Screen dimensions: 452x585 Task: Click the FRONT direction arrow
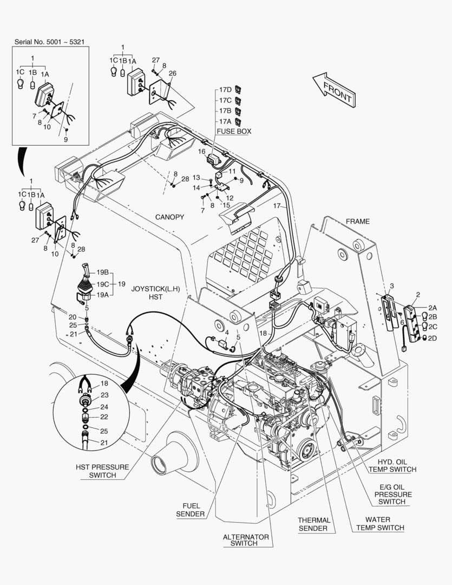point(334,90)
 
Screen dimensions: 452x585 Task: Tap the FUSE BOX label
point(234,131)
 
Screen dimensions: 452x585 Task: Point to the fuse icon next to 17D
point(238,89)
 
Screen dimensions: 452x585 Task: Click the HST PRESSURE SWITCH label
point(102,471)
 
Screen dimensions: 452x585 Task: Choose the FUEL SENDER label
point(190,510)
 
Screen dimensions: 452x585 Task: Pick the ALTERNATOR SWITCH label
point(246,540)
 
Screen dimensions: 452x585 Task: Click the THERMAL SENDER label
point(314,524)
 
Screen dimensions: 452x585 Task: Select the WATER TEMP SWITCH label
point(379,523)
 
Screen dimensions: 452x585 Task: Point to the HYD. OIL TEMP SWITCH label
point(392,466)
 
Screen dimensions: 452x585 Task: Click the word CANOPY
point(169,217)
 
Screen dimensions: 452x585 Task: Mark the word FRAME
point(358,221)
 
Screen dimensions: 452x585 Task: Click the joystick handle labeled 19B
point(86,270)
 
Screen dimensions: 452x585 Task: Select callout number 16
point(202,152)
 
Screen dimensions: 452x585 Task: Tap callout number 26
point(172,74)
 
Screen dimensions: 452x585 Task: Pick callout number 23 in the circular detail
point(104,395)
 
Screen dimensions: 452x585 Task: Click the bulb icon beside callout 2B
point(424,316)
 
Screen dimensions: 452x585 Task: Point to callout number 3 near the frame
point(391,286)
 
